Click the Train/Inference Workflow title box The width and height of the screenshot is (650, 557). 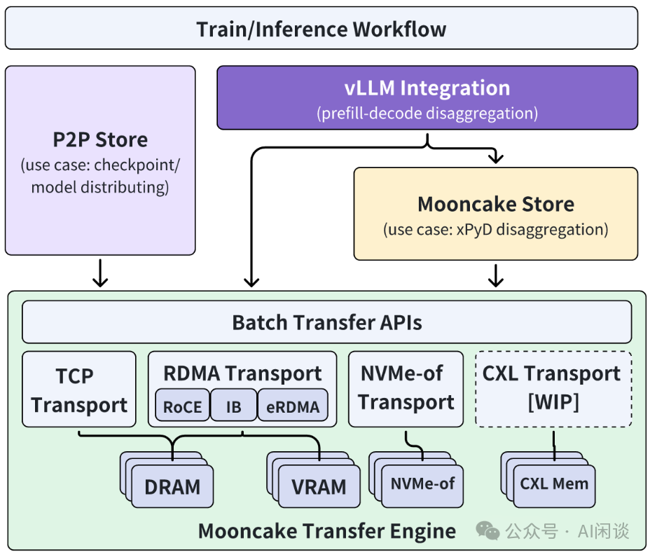321,29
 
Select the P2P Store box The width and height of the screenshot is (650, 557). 100,160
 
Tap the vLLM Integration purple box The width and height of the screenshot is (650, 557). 427,97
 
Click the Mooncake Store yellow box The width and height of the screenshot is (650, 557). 496,213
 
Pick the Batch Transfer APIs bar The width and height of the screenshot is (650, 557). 327,322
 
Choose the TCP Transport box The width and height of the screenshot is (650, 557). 79,390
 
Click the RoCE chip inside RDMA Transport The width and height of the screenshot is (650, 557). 182,406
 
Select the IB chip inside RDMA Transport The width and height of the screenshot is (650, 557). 234,406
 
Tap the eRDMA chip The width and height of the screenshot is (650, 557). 293,406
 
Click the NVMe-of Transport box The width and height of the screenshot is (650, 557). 406,389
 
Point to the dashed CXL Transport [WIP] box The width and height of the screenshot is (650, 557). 553,389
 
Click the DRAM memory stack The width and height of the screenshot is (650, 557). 172,486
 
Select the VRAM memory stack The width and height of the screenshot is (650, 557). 319,486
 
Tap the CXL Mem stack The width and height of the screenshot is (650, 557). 554,483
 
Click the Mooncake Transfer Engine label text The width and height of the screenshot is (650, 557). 326,530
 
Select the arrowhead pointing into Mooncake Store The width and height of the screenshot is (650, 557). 496,158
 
